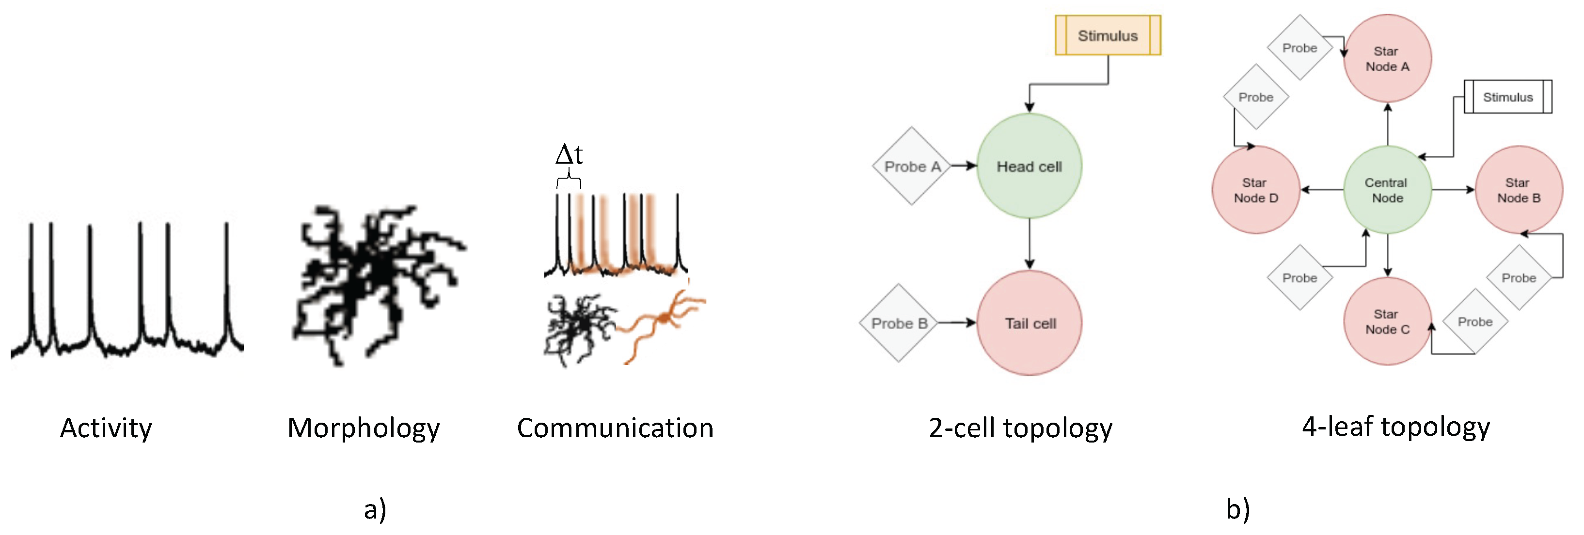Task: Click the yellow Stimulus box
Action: tap(1108, 36)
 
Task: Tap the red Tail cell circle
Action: tap(1030, 323)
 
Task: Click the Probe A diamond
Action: tap(911, 166)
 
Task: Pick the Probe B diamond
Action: tap(898, 323)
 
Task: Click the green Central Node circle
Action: tap(1387, 190)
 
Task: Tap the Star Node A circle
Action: tap(1387, 59)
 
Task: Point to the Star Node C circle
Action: tap(1387, 321)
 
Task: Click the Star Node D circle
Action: tap(1255, 190)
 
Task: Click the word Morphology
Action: tap(364, 428)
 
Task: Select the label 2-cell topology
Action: tap(1020, 428)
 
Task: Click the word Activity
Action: tap(106, 428)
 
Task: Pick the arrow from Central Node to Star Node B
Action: tap(1453, 190)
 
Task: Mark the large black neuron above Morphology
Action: tap(369, 276)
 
